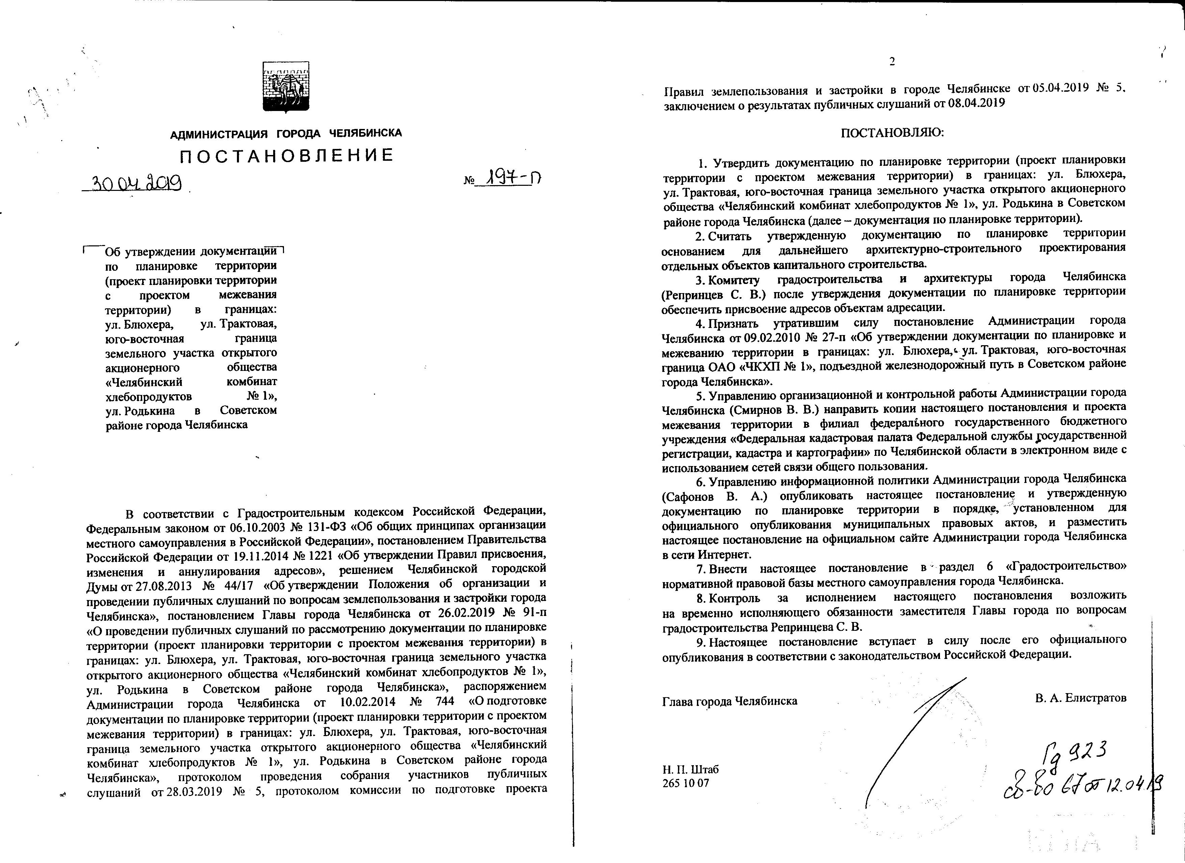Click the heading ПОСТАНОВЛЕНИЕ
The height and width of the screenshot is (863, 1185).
(286, 156)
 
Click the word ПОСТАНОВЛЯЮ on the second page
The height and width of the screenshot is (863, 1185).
(893, 133)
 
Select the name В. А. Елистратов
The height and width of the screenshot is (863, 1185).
(1080, 698)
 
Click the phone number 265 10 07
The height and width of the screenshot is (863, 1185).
(685, 783)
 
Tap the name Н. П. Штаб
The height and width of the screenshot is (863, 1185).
(690, 770)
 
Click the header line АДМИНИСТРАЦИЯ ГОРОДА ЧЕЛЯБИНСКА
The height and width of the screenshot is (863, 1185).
(286, 133)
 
